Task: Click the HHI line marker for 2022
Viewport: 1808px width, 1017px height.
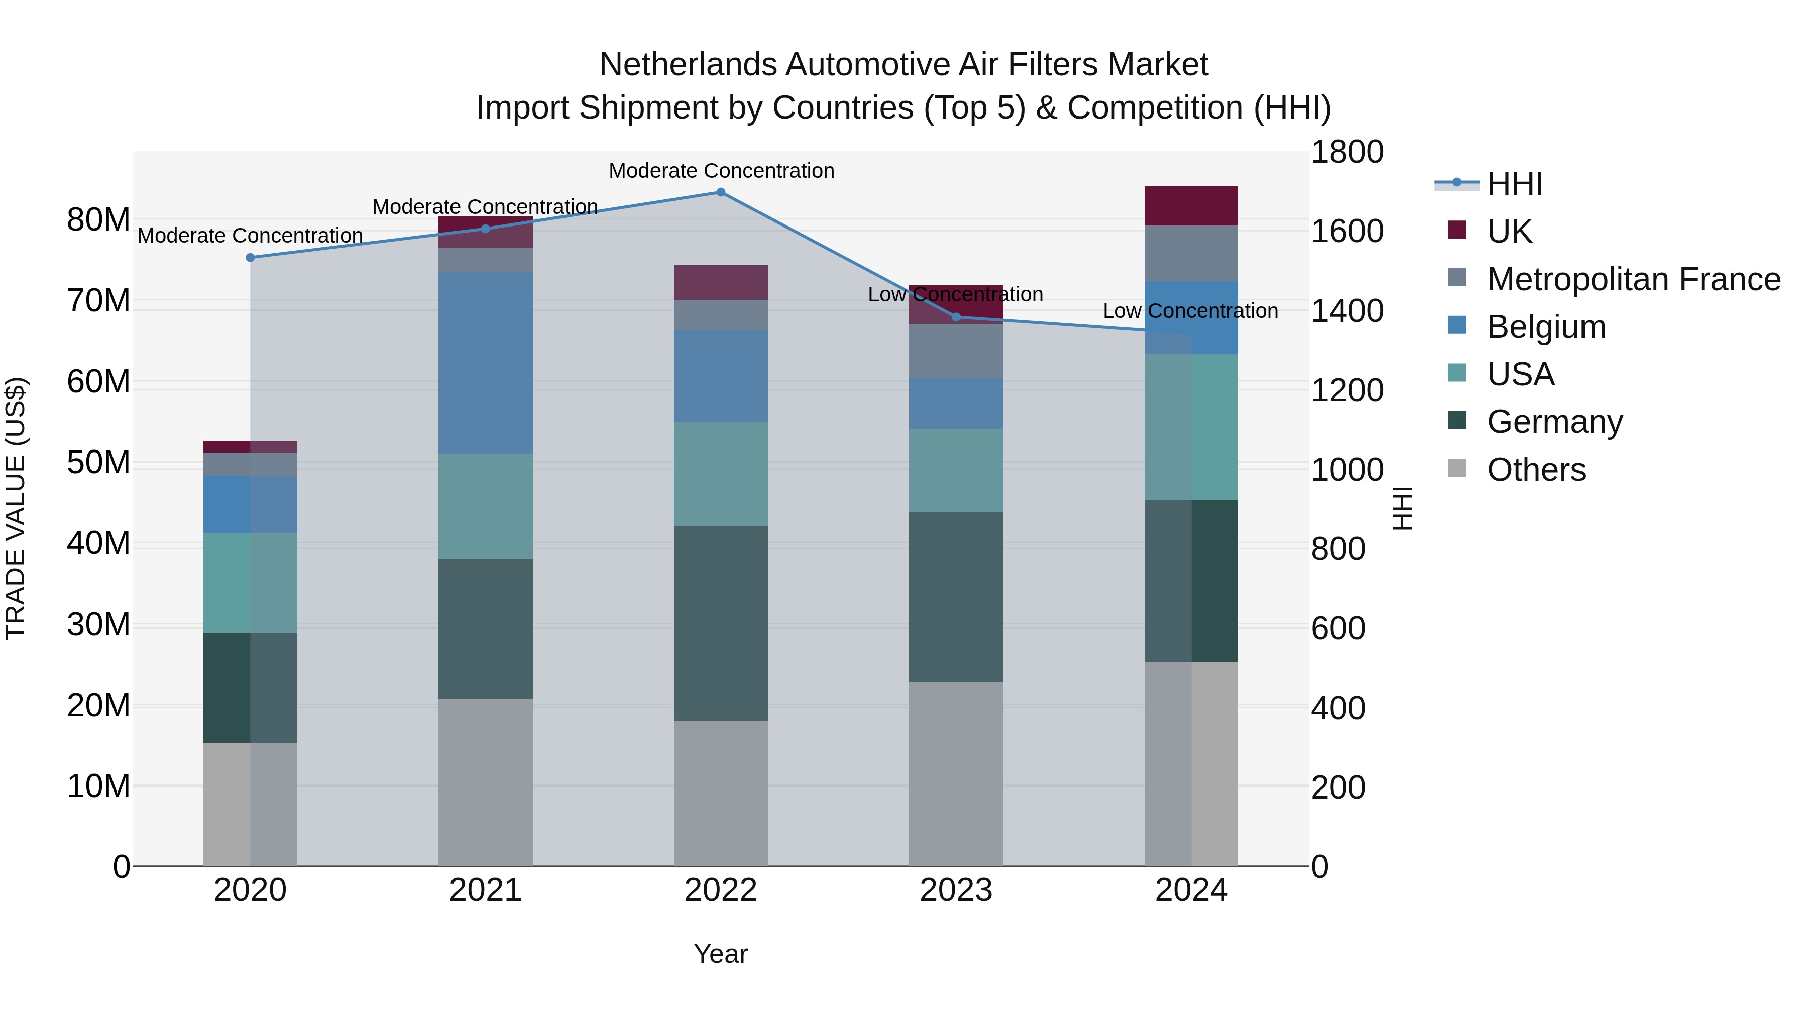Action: (x=721, y=192)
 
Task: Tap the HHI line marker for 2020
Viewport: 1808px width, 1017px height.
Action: (x=250, y=258)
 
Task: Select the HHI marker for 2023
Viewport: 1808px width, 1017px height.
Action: (x=956, y=317)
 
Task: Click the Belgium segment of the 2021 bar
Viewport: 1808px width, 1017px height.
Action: (x=485, y=363)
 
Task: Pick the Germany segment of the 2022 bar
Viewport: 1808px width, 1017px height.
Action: (x=721, y=623)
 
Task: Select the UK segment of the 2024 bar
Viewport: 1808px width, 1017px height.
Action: (x=1191, y=205)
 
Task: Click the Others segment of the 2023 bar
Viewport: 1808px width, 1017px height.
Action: (x=956, y=773)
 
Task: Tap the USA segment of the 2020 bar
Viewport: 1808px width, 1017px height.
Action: (x=250, y=583)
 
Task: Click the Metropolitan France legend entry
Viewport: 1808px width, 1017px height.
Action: (x=1633, y=279)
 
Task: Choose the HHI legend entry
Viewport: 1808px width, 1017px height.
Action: (x=1515, y=184)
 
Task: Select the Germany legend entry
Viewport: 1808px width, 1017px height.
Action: (x=1554, y=422)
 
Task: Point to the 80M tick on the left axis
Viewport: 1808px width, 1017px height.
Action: (x=98, y=219)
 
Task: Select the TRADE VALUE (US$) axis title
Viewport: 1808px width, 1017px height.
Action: (x=16, y=508)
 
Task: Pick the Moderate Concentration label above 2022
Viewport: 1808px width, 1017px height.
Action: (x=721, y=171)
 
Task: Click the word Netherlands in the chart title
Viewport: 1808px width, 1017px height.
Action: (x=688, y=65)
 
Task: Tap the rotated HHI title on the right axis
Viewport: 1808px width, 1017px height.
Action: (x=1402, y=508)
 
